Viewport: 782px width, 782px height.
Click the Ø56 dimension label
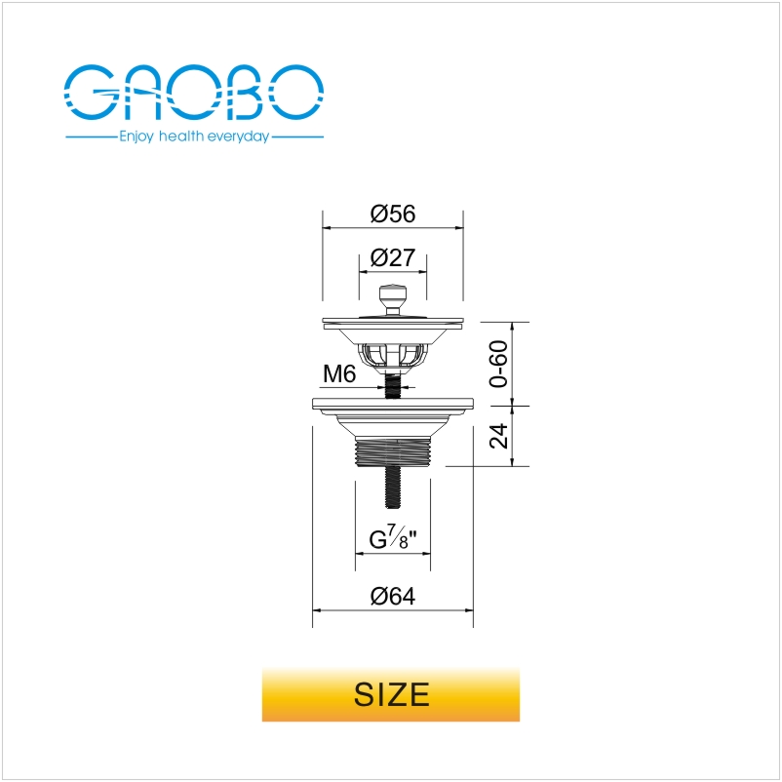(x=393, y=214)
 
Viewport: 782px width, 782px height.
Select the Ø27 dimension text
(x=393, y=257)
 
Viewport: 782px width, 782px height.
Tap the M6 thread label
(x=339, y=373)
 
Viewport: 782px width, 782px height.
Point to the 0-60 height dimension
(x=498, y=364)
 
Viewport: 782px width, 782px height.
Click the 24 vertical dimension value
(x=498, y=436)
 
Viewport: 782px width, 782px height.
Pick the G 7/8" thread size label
(x=393, y=538)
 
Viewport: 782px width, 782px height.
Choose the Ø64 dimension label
(x=393, y=596)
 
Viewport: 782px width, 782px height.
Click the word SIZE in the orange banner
(x=392, y=694)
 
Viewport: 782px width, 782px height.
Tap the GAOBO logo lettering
(x=193, y=92)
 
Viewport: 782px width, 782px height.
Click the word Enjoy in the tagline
(x=137, y=137)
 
